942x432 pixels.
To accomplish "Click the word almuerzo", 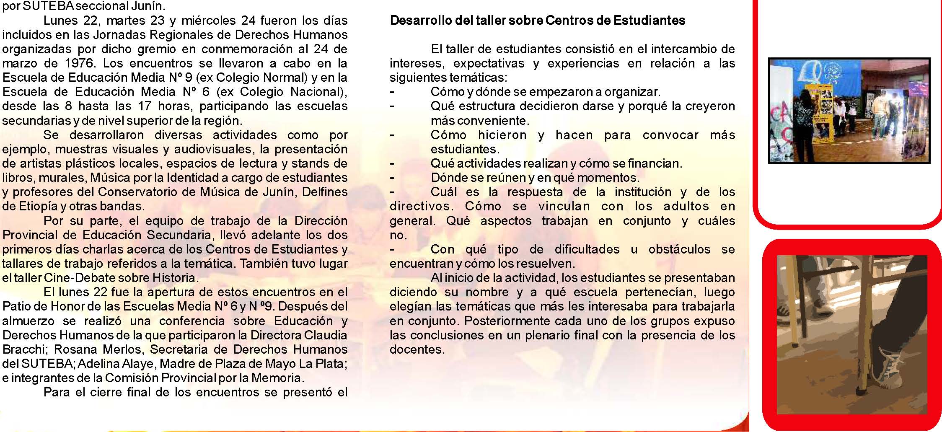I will tap(28, 321).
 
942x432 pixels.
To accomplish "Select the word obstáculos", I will tap(679, 249).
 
